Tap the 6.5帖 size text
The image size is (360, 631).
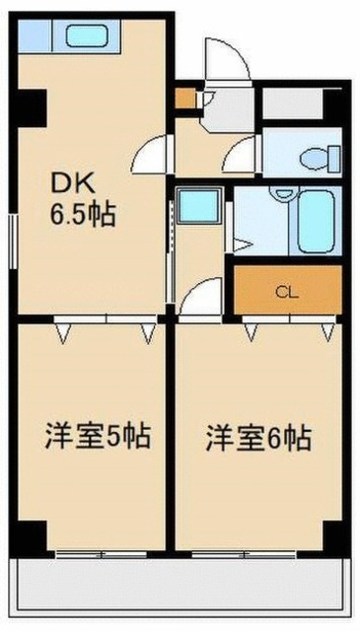(x=83, y=215)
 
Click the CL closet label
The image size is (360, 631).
(x=287, y=293)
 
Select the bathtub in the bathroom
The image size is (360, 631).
(x=317, y=221)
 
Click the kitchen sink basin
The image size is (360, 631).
(x=87, y=36)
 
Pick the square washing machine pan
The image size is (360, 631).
(x=199, y=205)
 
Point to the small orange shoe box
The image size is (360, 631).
(x=185, y=99)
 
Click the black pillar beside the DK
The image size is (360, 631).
(x=32, y=107)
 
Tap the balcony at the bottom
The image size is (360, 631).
(x=180, y=583)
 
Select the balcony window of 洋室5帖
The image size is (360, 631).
(x=101, y=555)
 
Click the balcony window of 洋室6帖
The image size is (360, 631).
(x=244, y=555)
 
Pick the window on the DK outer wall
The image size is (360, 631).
(x=14, y=242)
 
